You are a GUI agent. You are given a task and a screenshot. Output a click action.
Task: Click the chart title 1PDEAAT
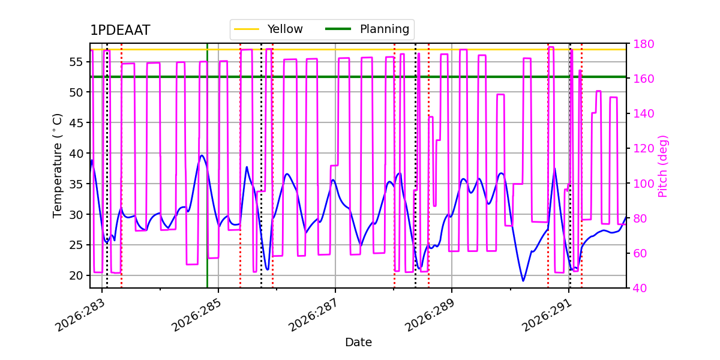pyautogui.click(x=120, y=30)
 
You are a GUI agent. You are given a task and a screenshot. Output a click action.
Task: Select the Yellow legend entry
pyautogui.click(x=268, y=29)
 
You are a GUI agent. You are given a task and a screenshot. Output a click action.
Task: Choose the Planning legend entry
pyautogui.click(x=367, y=29)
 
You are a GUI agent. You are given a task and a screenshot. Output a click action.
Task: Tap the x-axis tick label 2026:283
pyautogui.click(x=80, y=315)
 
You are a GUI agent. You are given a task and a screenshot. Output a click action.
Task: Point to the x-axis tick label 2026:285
pyautogui.click(x=196, y=315)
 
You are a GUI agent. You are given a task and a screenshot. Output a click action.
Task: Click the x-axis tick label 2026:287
pyautogui.click(x=313, y=315)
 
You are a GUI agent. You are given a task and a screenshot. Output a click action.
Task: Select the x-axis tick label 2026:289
pyautogui.click(x=430, y=315)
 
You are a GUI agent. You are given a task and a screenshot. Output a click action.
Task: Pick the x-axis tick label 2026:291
pyautogui.click(x=546, y=315)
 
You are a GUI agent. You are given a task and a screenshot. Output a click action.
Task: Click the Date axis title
pyautogui.click(x=358, y=343)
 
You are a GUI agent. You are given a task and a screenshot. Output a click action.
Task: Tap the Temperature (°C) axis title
pyautogui.click(x=57, y=166)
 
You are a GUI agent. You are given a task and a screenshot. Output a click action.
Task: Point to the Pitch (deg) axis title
pyautogui.click(x=663, y=166)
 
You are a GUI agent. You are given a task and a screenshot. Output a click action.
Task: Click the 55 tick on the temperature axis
pyautogui.click(x=76, y=62)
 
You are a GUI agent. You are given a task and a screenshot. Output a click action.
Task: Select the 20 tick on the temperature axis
pyautogui.click(x=76, y=275)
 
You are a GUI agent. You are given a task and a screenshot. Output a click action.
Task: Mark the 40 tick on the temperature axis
pyautogui.click(x=76, y=154)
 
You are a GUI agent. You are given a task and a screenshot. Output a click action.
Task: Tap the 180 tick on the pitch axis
pyautogui.click(x=643, y=44)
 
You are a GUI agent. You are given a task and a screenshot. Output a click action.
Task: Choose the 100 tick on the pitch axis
pyautogui.click(x=643, y=184)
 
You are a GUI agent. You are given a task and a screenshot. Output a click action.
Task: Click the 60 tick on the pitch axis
pyautogui.click(x=640, y=253)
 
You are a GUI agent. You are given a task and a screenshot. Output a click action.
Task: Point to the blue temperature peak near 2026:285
pyautogui.click(x=202, y=155)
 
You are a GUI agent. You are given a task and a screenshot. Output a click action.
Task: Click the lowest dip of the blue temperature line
pyautogui.click(x=523, y=281)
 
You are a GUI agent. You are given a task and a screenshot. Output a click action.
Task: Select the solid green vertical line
pyautogui.click(x=208, y=166)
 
